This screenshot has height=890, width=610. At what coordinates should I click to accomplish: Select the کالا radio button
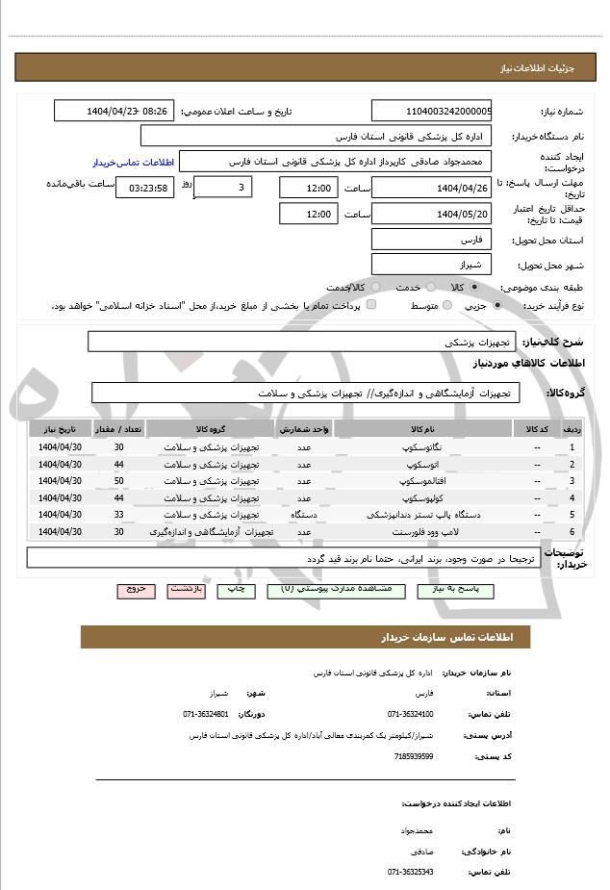tap(474, 288)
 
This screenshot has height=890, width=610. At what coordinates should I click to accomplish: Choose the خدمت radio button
tap(430, 288)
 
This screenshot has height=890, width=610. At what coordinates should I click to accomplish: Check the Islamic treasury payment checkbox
tap(371, 305)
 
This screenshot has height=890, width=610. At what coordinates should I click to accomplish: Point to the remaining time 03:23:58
tap(144, 188)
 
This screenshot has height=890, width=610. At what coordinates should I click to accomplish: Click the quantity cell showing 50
tap(118, 480)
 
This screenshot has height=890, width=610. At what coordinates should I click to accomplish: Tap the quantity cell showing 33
tap(118, 515)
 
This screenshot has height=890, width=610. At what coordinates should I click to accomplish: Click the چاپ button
tap(236, 589)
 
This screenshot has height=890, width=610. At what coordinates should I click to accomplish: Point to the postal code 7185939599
tap(414, 756)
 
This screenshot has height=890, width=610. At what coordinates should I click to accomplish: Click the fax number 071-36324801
tap(206, 715)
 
